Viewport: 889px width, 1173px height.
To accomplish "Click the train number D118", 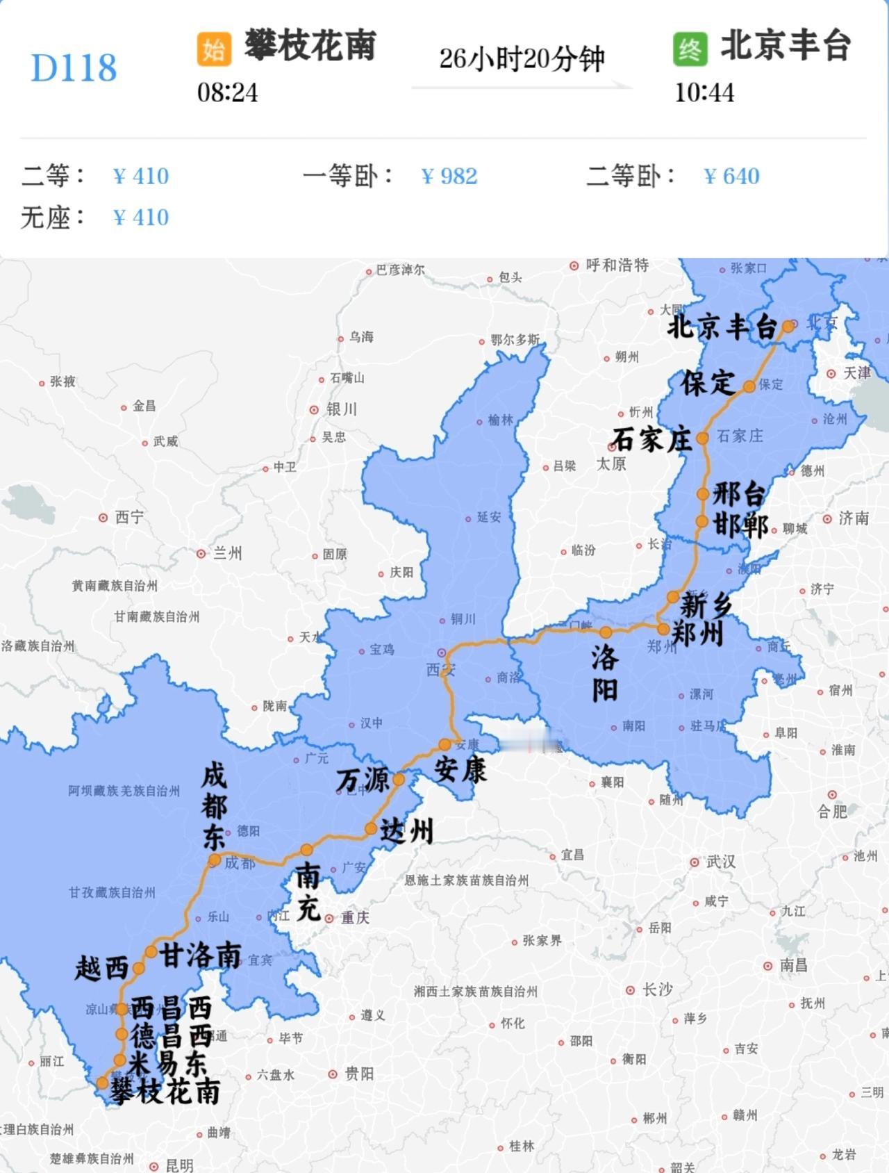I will point(74,67).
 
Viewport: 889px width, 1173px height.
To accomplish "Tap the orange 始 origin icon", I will point(213,49).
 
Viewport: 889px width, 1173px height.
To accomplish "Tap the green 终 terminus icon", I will point(690,49).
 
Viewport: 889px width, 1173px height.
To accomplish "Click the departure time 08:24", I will point(227,92).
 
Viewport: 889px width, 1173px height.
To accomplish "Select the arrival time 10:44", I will point(704,92).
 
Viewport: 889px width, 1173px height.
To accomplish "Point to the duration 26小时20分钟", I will point(522,59).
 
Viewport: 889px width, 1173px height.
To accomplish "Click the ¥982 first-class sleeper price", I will point(449,176).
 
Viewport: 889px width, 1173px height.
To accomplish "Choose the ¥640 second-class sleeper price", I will point(731,176).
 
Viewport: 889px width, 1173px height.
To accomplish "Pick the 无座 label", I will point(52,218).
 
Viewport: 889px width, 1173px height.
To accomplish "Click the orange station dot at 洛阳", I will point(606,632).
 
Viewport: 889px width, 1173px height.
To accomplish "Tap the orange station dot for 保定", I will point(749,386).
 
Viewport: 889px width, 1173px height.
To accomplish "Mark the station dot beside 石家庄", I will point(702,438).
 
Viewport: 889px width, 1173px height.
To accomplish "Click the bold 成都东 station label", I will point(214,806).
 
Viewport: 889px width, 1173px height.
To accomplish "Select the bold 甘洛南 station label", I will point(200,955).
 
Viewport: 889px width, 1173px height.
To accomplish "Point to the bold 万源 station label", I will point(363,780).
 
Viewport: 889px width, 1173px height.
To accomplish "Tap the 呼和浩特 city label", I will point(617,265).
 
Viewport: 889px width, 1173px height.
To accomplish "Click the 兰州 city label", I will point(227,553).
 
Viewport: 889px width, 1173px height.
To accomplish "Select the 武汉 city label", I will point(720,862).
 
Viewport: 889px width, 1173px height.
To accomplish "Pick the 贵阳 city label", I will point(359,1074).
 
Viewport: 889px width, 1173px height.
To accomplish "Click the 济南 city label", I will point(854,518).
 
